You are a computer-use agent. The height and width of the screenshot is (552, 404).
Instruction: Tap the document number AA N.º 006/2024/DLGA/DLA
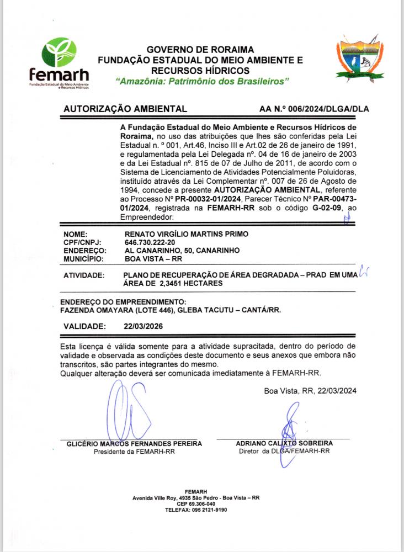pyautogui.click(x=314, y=109)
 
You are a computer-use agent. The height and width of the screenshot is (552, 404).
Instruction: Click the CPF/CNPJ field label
pyautogui.click(x=83, y=242)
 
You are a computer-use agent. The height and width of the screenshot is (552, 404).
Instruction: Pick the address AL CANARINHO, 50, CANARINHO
pyautogui.click(x=182, y=250)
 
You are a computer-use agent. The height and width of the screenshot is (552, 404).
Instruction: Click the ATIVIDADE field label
pyautogui.click(x=84, y=275)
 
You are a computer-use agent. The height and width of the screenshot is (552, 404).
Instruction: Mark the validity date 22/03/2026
pyautogui.click(x=143, y=326)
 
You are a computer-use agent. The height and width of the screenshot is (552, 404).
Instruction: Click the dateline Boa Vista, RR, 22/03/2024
pyautogui.click(x=310, y=391)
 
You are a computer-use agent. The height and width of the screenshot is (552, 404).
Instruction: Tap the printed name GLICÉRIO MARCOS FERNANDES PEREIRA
pyautogui.click(x=134, y=443)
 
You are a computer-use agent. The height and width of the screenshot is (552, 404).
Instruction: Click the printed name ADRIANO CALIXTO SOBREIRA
pyautogui.click(x=284, y=443)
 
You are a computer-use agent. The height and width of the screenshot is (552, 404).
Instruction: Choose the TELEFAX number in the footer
pyautogui.click(x=196, y=510)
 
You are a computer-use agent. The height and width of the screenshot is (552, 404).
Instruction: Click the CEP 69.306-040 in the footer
pyautogui.click(x=196, y=504)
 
